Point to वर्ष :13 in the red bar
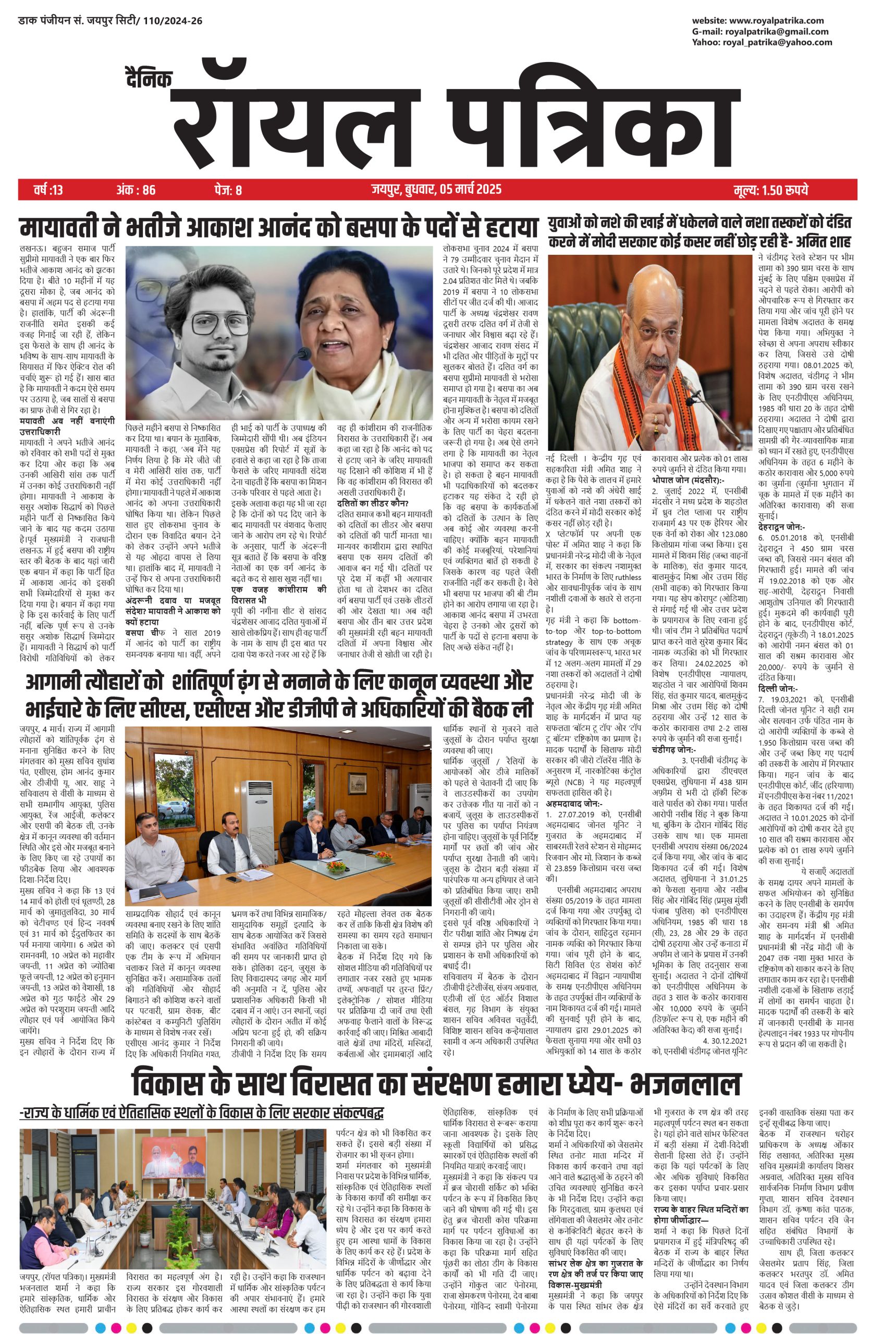48,190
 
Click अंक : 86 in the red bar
136,190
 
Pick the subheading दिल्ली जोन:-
778,688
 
